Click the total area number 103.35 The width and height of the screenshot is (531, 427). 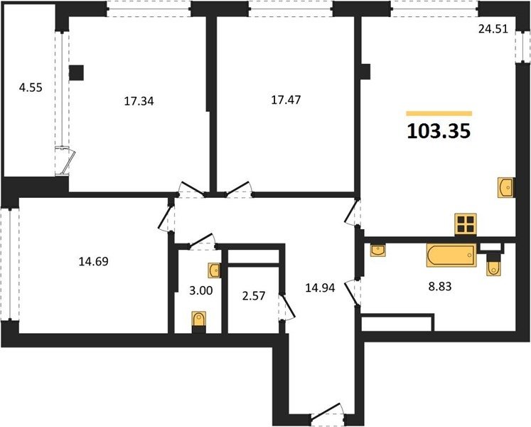coord(439,131)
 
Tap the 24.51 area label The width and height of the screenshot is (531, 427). coord(493,29)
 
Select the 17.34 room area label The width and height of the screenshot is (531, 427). coord(139,101)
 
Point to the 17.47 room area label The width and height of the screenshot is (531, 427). coord(286,100)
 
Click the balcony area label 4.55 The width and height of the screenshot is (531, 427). coord(31,88)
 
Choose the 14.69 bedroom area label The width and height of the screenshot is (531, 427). coord(93,261)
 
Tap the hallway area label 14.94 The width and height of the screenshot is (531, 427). coord(320,288)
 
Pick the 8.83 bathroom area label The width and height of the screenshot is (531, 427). coord(440,287)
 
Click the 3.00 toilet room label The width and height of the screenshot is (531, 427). coord(201,290)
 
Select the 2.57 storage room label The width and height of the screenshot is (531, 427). coord(254,296)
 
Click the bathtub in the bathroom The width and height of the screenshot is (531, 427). coord(451,255)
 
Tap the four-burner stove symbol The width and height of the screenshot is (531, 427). coord(466,224)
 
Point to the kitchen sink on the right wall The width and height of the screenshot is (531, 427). coord(506,188)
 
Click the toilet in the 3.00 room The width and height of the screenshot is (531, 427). coord(199,322)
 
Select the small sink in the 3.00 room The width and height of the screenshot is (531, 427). coord(215,270)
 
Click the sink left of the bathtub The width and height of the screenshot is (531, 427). coord(377,251)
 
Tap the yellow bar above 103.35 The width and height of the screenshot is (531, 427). coord(439,114)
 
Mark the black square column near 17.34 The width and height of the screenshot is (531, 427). coord(77,73)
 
